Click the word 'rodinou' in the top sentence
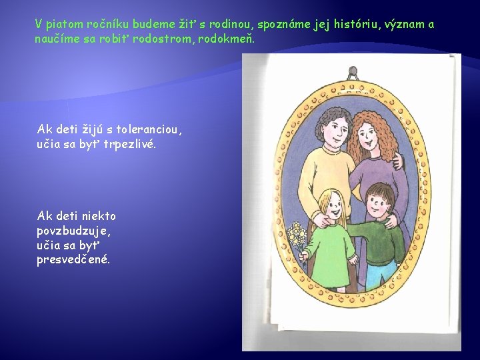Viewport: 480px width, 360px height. pos(229,25)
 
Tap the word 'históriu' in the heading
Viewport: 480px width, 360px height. pos(345,25)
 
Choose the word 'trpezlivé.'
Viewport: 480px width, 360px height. pos(129,143)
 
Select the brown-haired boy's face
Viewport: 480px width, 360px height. pos(380,205)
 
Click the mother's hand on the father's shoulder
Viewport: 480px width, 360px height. pos(398,161)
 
